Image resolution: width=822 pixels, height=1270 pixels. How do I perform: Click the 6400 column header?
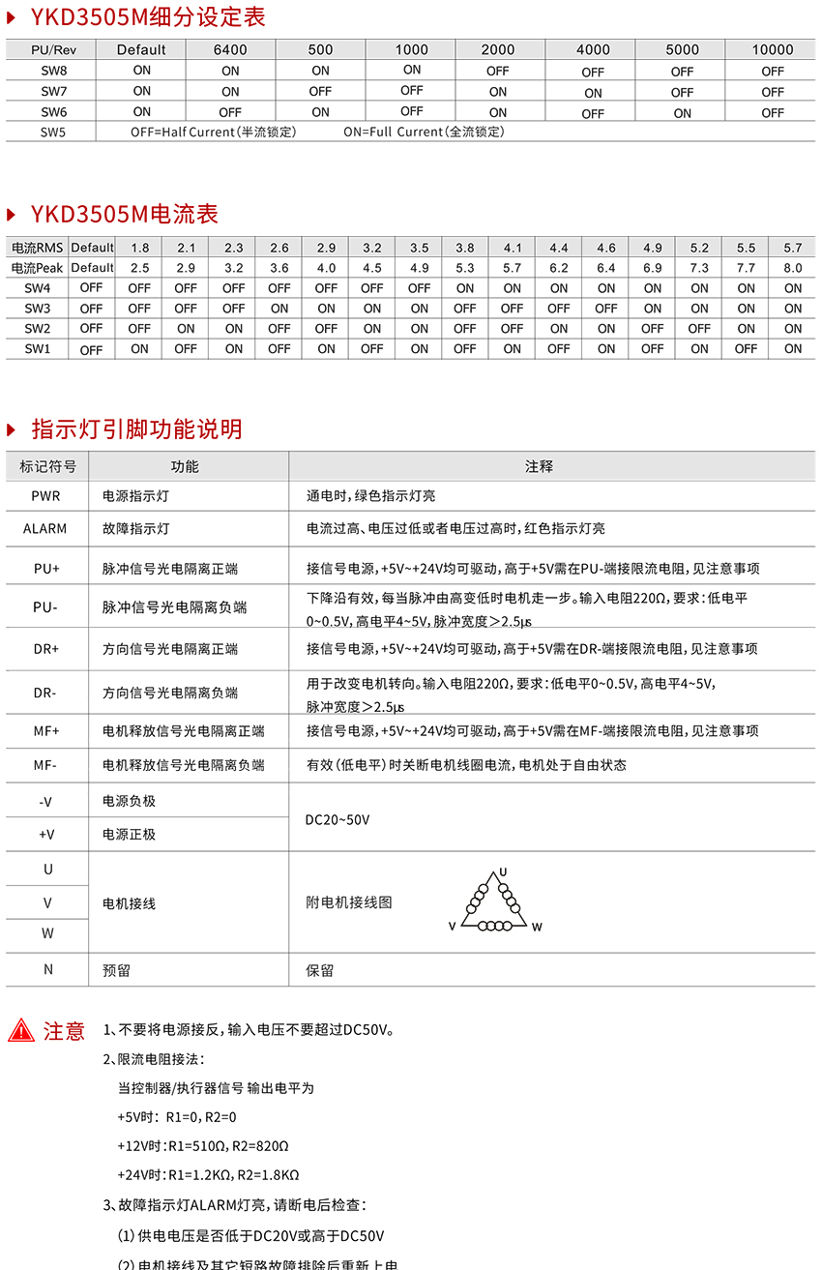pyautogui.click(x=230, y=49)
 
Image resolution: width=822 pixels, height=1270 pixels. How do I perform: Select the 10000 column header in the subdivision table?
pyautogui.click(x=773, y=49)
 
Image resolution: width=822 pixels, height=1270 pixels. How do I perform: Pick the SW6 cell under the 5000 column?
pyautogui.click(x=683, y=113)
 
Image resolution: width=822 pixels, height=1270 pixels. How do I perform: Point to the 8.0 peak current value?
pyautogui.click(x=793, y=268)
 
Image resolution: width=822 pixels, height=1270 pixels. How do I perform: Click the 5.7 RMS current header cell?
pyautogui.click(x=793, y=248)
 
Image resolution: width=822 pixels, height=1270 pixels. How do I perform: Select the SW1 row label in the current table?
pyautogui.click(x=38, y=349)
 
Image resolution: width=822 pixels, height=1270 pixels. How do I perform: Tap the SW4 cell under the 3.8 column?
pyautogui.click(x=465, y=288)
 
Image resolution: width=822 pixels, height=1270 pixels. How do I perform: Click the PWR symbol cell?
pyautogui.click(x=45, y=496)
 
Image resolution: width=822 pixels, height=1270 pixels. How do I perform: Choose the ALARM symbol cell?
pyautogui.click(x=45, y=529)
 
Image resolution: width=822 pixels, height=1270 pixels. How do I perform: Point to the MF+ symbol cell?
pyautogui.click(x=46, y=731)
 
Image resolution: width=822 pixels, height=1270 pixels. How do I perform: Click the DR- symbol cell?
pyautogui.click(x=45, y=693)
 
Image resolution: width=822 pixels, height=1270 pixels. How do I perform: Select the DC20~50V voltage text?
pyautogui.click(x=338, y=820)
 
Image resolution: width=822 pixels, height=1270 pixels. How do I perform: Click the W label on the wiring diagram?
pyautogui.click(x=537, y=927)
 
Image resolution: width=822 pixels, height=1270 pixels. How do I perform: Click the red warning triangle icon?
pyautogui.click(x=21, y=1031)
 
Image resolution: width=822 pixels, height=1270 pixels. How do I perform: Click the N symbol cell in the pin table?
pyautogui.click(x=47, y=969)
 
